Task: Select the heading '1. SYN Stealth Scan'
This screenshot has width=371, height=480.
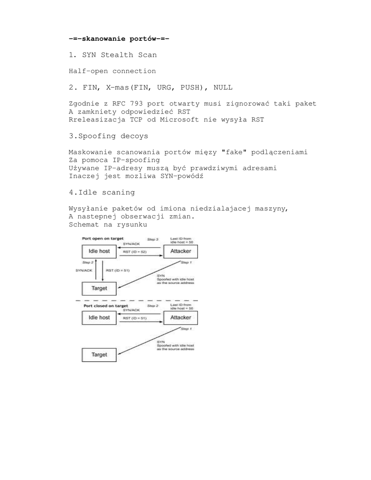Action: [x=113, y=55]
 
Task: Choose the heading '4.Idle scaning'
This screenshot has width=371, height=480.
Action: [x=102, y=192]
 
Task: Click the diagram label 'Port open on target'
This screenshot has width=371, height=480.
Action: [x=103, y=238]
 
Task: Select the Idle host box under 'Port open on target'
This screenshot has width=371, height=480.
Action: [x=99, y=252]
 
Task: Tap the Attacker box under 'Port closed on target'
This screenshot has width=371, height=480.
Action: [x=180, y=318]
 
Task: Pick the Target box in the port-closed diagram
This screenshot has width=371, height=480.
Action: [x=99, y=355]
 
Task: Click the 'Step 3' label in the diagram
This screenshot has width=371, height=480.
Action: [x=153, y=239]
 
